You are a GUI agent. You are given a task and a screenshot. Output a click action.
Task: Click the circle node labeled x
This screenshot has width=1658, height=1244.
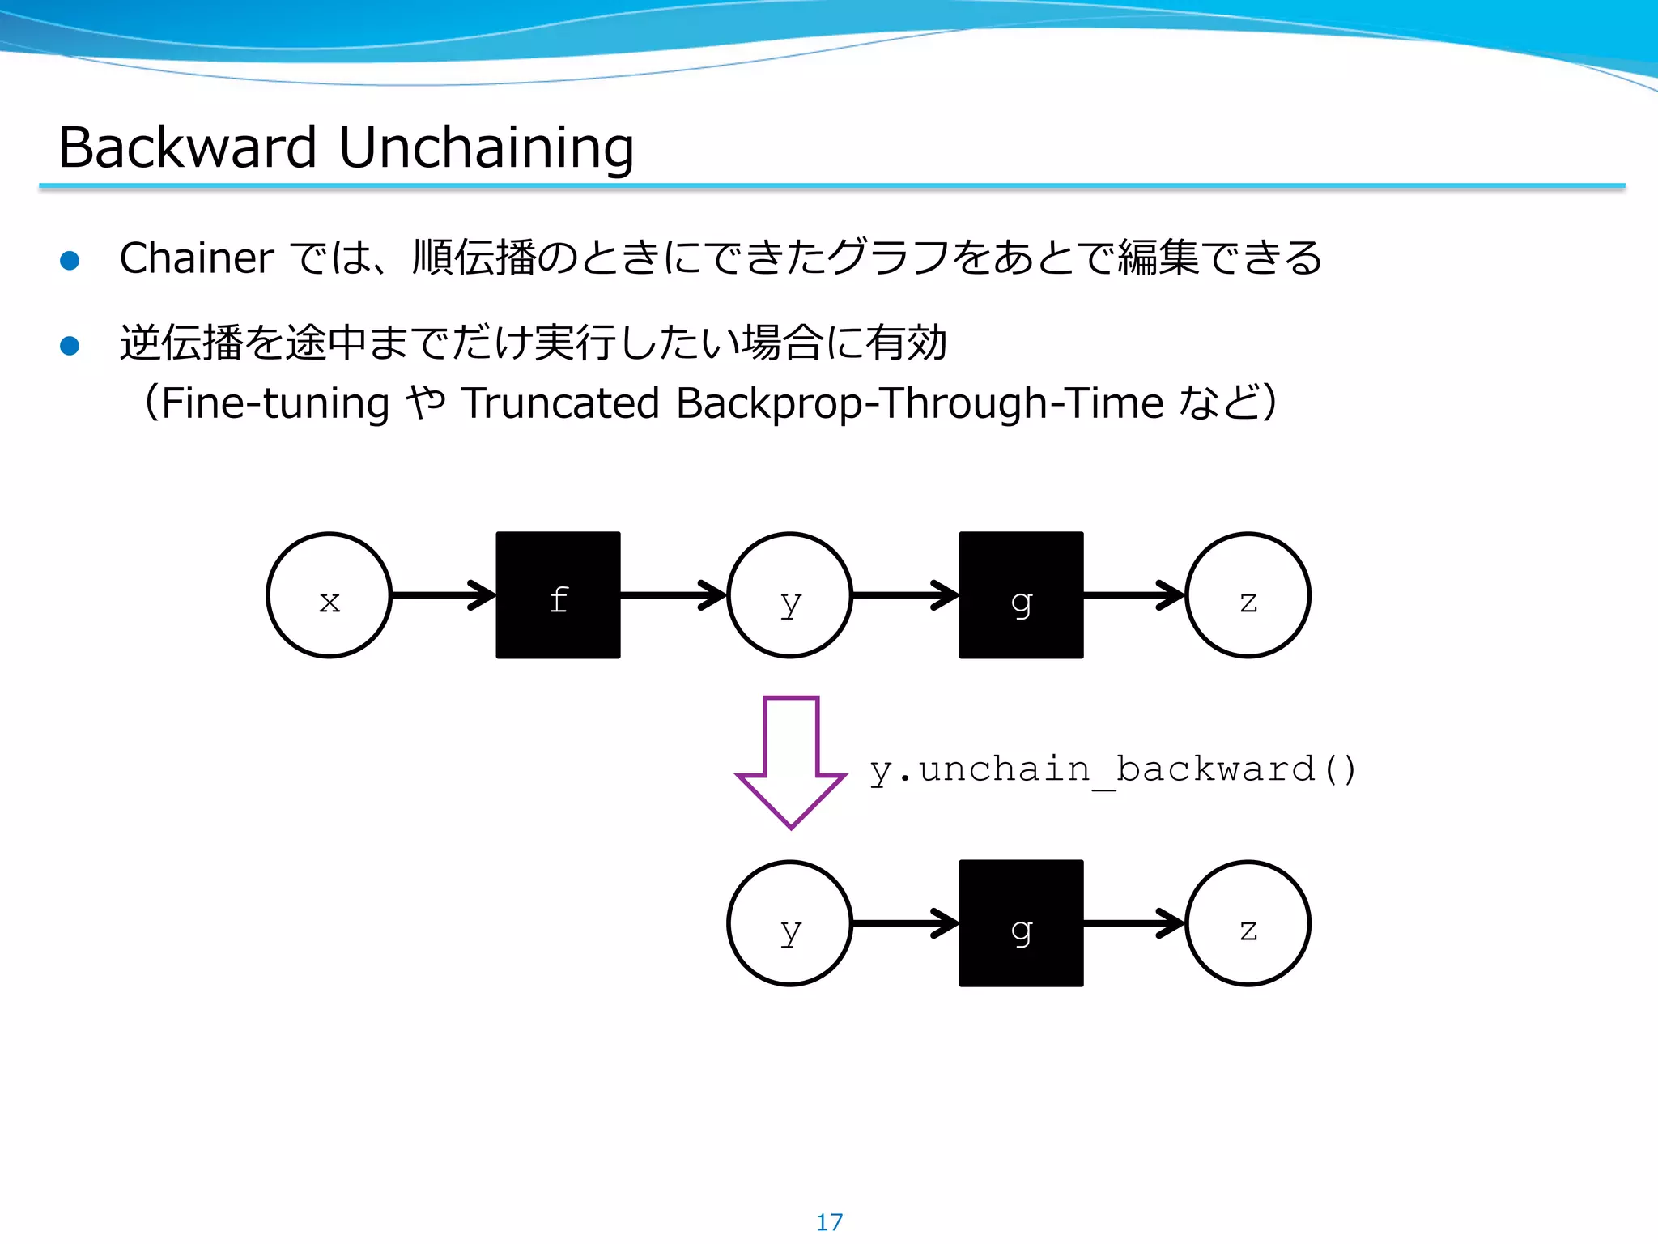coord(329,595)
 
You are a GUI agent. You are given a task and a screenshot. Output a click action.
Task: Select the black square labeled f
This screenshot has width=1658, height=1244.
coord(558,595)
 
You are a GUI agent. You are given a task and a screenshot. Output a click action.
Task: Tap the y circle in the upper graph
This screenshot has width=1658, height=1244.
coord(789,595)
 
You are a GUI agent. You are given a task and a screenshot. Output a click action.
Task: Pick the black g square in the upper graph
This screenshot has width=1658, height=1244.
coord(1021,595)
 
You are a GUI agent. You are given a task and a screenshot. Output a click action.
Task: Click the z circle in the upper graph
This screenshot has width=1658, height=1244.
coord(1248,595)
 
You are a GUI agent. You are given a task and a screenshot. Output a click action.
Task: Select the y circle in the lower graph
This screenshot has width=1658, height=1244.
coord(789,923)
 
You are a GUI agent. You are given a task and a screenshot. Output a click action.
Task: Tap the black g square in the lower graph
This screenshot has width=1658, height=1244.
coord(1021,923)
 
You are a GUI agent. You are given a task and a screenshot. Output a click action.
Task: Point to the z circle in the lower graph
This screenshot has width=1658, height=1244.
coord(1248,923)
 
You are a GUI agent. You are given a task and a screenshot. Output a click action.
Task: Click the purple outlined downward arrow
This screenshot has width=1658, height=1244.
coord(791,761)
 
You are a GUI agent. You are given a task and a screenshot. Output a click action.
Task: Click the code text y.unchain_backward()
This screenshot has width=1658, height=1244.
coord(1112,769)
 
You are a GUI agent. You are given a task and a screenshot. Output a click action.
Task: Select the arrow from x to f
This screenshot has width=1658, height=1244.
coord(443,595)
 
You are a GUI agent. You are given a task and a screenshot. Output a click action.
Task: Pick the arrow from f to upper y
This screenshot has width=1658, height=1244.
coord(674,595)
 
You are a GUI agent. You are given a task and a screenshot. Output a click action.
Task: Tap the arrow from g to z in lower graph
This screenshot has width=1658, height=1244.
coord(1133,923)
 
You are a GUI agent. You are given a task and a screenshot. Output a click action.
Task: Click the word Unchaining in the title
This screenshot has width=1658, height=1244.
coord(486,148)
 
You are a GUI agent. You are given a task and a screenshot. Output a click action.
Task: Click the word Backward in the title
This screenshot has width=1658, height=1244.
coord(188,148)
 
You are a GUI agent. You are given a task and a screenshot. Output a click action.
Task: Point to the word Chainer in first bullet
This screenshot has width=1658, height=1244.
coord(196,258)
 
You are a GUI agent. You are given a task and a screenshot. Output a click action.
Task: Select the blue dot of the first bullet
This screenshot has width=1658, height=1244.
coord(70,260)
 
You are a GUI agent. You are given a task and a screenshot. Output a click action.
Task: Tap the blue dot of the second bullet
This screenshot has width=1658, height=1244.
coord(70,346)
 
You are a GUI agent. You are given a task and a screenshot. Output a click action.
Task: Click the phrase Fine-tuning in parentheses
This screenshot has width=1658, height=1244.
coord(275,403)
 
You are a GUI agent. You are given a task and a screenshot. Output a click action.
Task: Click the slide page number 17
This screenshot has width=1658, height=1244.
coord(829,1221)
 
